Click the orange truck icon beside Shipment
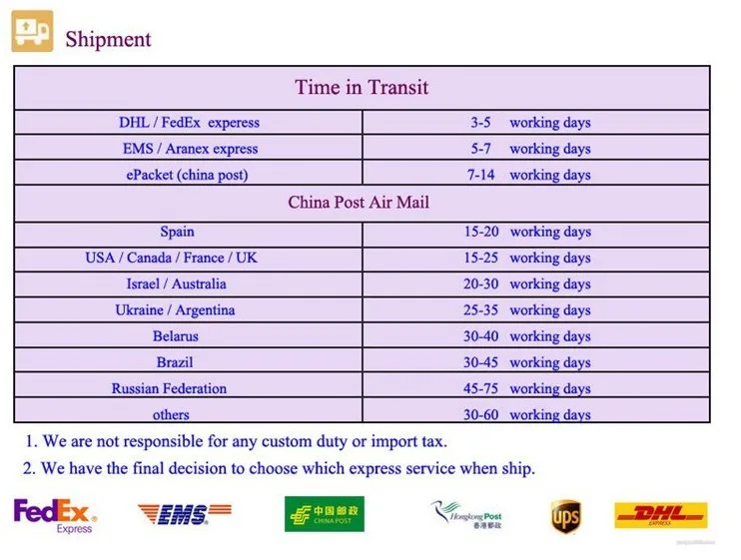click(x=32, y=31)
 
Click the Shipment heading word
click(x=108, y=39)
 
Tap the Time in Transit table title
click(x=362, y=88)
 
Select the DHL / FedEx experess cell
click(x=189, y=123)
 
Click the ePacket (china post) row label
click(x=187, y=175)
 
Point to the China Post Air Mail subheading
click(x=359, y=203)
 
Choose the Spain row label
click(x=177, y=232)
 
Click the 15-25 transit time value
click(x=481, y=258)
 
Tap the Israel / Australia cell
click(x=177, y=283)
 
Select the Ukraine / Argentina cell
click(x=175, y=310)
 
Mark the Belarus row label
click(x=176, y=336)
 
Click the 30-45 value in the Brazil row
click(x=481, y=362)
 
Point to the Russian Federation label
click(x=169, y=388)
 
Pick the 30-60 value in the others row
click(x=481, y=414)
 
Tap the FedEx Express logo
click(x=55, y=516)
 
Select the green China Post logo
click(x=325, y=514)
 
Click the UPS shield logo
click(x=565, y=516)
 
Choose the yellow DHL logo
click(x=661, y=515)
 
